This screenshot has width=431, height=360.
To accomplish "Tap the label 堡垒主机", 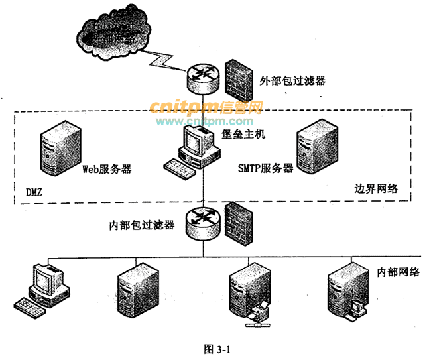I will [x=243, y=135].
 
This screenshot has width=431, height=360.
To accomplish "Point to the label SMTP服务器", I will [x=265, y=168].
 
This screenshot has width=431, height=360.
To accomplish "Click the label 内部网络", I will [x=398, y=272].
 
